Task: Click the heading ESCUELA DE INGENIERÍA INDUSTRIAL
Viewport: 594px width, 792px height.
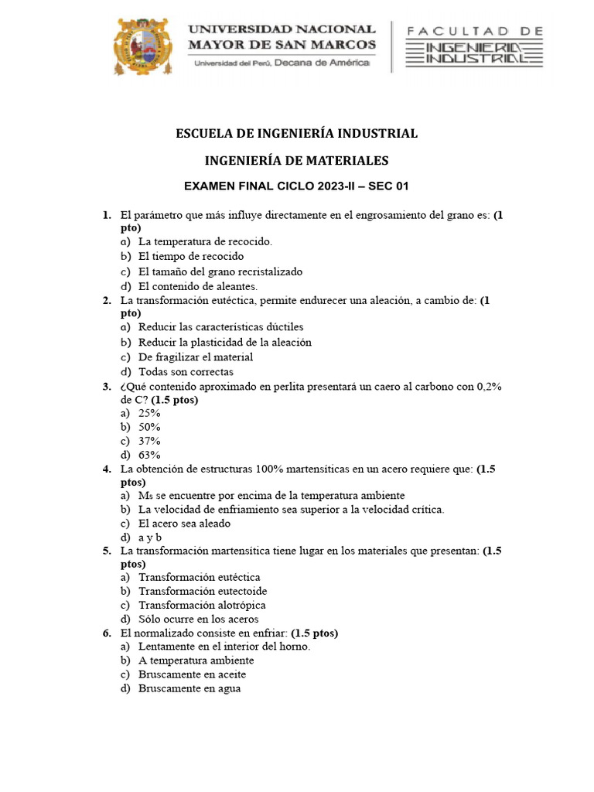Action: pyautogui.click(x=297, y=133)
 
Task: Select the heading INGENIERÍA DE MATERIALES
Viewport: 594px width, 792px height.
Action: pyautogui.click(x=297, y=161)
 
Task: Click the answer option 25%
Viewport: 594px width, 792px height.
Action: pyautogui.click(x=149, y=413)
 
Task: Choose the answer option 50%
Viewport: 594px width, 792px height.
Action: pyautogui.click(x=149, y=427)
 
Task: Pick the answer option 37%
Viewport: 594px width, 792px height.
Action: pyautogui.click(x=149, y=441)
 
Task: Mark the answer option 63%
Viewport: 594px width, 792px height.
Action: pyautogui.click(x=149, y=455)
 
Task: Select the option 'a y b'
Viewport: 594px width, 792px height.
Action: pyautogui.click(x=150, y=537)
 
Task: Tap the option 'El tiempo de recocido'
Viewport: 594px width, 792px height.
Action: pyautogui.click(x=191, y=255)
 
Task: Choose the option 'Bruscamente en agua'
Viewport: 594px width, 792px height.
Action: pyautogui.click(x=189, y=688)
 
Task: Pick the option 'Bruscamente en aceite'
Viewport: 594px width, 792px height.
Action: pyautogui.click(x=193, y=674)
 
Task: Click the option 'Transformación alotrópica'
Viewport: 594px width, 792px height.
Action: pyautogui.click(x=203, y=605)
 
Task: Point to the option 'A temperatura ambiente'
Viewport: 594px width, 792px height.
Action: pyautogui.click(x=196, y=661)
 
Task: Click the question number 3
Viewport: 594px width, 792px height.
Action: pyautogui.click(x=106, y=386)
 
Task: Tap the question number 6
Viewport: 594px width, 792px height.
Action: pyautogui.click(x=106, y=633)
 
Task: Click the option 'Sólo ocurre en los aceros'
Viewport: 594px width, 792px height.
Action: pyautogui.click(x=199, y=619)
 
